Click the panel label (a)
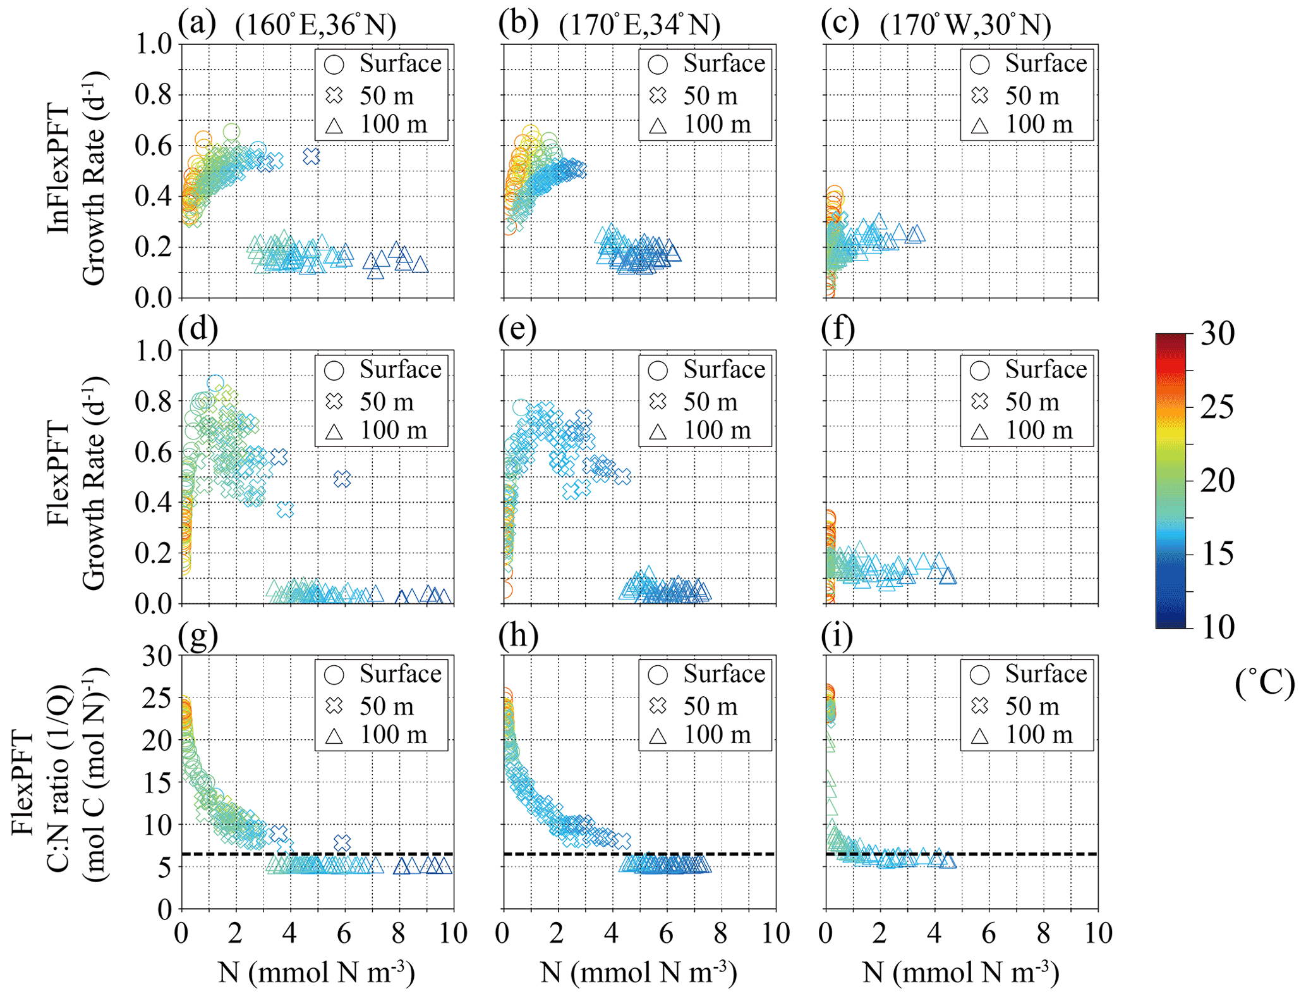tap(197, 23)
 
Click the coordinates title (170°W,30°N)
tap(965, 25)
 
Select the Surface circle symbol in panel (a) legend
tap(334, 64)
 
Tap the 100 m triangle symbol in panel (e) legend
tap(658, 432)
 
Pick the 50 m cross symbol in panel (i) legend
tap(979, 706)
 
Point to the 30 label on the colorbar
tap(1217, 333)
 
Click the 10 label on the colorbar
tap(1217, 627)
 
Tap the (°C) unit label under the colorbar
tap(1264, 683)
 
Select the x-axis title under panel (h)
tap(639, 973)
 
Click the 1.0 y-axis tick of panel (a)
tap(154, 44)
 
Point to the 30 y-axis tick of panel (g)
tap(157, 656)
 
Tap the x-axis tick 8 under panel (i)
tap(1043, 933)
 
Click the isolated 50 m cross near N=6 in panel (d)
tap(342, 479)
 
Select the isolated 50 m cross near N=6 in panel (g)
tap(342, 843)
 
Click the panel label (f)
tap(838, 329)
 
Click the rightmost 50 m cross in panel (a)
tap(311, 156)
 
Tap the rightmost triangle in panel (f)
tap(948, 575)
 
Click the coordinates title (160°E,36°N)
tap(315, 25)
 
